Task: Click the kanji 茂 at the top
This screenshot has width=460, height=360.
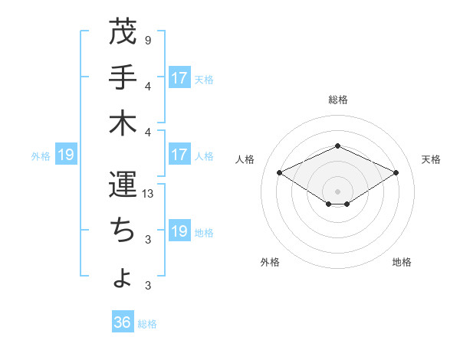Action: [123, 33]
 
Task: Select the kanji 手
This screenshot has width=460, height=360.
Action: [123, 77]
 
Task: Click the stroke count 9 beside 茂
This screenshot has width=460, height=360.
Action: [147, 40]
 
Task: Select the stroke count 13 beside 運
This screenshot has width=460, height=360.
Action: [149, 194]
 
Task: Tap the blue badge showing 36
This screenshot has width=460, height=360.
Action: [123, 322]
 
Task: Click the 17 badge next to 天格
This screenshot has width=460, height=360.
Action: [179, 78]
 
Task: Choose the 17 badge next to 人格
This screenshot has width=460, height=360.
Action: [179, 155]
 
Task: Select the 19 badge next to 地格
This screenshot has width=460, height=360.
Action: [179, 231]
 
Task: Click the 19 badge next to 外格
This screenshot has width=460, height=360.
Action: [66, 155]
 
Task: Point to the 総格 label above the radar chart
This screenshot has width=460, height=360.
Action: [337, 100]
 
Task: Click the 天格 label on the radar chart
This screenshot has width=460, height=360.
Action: [431, 159]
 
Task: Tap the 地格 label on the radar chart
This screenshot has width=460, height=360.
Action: [402, 262]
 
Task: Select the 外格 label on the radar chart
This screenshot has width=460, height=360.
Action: [270, 262]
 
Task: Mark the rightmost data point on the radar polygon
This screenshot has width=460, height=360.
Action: [396, 172]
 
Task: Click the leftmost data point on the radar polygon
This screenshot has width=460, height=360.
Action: [279, 172]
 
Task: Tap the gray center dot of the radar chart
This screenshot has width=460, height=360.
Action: [337, 191]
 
